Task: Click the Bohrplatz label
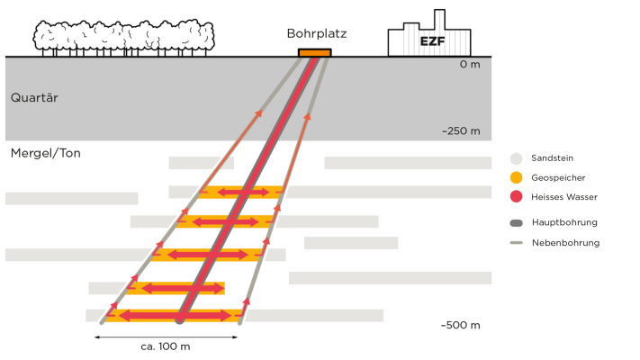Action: click(x=316, y=33)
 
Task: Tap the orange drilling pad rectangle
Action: click(x=315, y=52)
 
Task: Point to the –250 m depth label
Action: click(x=461, y=130)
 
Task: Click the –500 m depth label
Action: click(x=461, y=325)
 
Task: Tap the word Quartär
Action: click(x=34, y=97)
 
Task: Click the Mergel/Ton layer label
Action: click(x=45, y=153)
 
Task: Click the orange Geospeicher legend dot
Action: click(x=516, y=176)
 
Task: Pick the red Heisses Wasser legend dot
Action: click(x=516, y=196)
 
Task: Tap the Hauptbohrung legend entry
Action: click(x=564, y=222)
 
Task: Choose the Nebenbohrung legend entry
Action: click(x=565, y=242)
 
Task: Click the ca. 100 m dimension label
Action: click(x=166, y=346)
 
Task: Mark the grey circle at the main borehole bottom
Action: click(x=180, y=319)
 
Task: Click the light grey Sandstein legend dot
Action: click(x=516, y=157)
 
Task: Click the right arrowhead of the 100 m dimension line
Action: click(x=236, y=337)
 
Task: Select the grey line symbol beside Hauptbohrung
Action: click(x=516, y=222)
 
